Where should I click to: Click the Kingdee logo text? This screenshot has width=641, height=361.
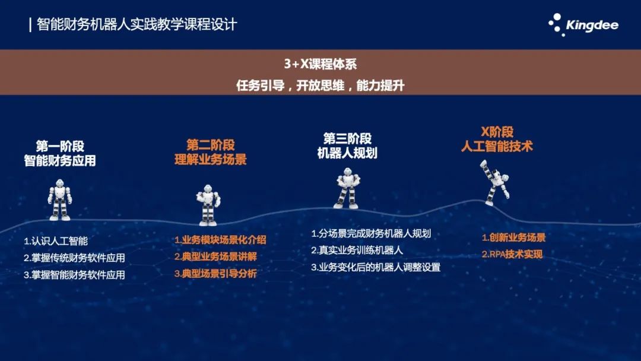coord(592,26)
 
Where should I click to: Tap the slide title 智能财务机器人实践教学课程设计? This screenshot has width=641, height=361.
coord(137,24)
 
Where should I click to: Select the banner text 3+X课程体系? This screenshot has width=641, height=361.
coord(320,64)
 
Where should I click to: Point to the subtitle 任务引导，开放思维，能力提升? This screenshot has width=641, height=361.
coord(320,85)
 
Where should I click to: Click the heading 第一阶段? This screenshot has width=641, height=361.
coord(60,146)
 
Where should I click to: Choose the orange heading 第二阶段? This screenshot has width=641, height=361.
coord(211,145)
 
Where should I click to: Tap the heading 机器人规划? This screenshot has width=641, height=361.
coord(347,153)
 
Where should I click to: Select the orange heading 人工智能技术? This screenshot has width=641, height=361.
coord(497,147)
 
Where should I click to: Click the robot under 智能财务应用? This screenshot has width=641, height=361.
coord(60,200)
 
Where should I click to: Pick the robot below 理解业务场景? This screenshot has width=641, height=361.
coord(208,205)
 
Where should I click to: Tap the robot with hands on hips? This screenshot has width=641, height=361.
coord(347,188)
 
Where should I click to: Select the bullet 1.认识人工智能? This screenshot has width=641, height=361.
coord(56,241)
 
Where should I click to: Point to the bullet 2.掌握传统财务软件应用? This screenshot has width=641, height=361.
coord(74,258)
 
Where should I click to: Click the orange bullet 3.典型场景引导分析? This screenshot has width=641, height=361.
coord(215,274)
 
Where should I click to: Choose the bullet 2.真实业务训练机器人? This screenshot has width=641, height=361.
coord(357,250)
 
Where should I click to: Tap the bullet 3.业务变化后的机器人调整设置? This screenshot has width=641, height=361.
coord(376,267)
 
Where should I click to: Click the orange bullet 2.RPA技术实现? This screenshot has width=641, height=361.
coord(512,254)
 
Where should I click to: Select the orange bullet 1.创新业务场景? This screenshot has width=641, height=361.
coord(513,237)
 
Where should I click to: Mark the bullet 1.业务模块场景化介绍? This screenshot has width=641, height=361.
coord(220,240)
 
